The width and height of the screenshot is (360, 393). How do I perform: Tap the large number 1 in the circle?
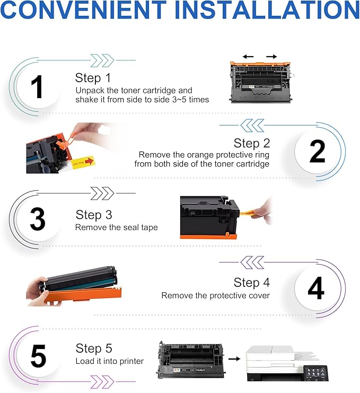pos(37,87)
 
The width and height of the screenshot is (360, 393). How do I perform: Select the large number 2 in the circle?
pos(317,152)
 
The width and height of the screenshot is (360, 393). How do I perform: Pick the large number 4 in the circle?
pos(316,290)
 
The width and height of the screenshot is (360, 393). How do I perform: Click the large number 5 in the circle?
pos(38,356)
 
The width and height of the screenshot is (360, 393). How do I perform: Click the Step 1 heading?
pos(93,77)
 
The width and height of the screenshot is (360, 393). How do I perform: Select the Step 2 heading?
pos(252,143)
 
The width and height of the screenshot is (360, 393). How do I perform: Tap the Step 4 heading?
pos(252,282)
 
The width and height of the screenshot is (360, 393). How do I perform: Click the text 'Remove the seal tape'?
pos(116,228)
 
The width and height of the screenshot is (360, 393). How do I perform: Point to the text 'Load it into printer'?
pos(109,361)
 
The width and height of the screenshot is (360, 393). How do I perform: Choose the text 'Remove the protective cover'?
pos(215,295)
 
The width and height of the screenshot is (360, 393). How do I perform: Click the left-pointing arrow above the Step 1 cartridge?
pos(248,56)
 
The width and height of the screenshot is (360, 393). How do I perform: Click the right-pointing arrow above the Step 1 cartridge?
pos(271,56)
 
